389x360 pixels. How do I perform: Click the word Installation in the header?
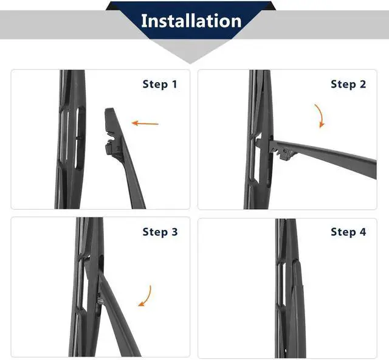pos(191,21)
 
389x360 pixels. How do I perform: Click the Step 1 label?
pos(160,84)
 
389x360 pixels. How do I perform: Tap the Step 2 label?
pos(348,84)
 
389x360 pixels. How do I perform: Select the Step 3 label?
pos(160,232)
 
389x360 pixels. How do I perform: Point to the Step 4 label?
pos(348,232)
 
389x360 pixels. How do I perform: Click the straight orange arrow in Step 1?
pos(145,123)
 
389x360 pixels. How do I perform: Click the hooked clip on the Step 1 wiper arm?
pos(112,147)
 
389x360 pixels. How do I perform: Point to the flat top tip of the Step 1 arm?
pos(109,109)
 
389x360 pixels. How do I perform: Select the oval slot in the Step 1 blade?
pos(80,138)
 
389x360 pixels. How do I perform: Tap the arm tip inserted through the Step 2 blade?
pos(259,142)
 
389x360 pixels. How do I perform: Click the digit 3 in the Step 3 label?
pos(174,232)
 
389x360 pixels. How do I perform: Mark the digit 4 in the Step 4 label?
pos(363,232)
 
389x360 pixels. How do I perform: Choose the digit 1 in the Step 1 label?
pos(175,84)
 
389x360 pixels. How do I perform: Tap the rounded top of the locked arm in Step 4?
pos(297,261)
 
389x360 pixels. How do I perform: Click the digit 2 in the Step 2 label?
pos(363,84)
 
